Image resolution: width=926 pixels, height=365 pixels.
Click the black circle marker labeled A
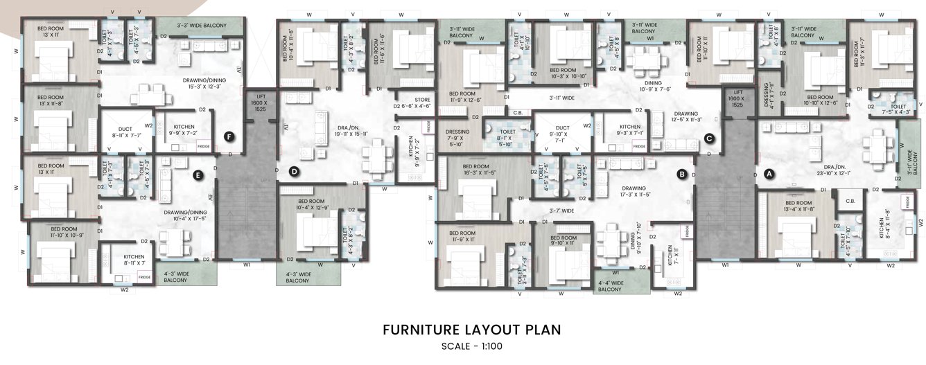(x=768, y=175)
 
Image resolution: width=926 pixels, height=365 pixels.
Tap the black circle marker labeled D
(x=294, y=171)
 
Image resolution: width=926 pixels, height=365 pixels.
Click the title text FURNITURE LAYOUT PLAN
(x=472, y=330)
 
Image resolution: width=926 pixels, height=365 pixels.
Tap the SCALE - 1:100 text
(x=472, y=346)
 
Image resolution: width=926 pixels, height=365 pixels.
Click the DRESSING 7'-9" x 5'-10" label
(x=457, y=136)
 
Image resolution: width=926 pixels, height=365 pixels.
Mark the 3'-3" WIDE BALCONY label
(x=201, y=26)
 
